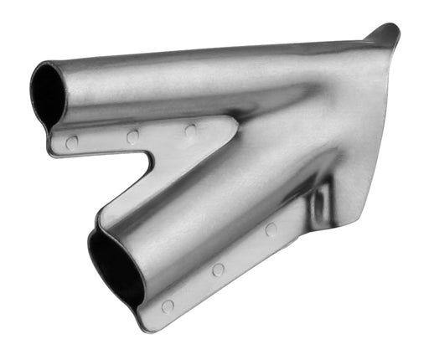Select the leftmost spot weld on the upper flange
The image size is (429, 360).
(x=72, y=142)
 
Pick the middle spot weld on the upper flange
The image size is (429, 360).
(x=133, y=136)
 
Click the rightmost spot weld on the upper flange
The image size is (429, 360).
(x=190, y=131)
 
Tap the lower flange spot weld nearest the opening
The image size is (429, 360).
(x=168, y=306)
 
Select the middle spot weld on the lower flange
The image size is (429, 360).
(x=218, y=270)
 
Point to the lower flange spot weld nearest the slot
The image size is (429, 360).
(x=271, y=229)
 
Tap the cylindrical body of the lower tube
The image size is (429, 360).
(x=193, y=226)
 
